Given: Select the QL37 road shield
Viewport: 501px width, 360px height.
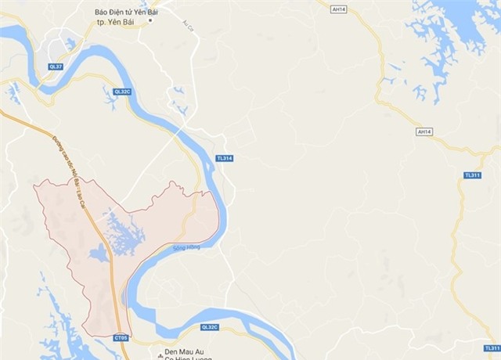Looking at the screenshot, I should coord(56,65).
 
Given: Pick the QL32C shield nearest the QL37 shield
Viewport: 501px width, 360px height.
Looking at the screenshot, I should coord(121,92).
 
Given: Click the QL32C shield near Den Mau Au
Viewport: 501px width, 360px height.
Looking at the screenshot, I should coord(209,327).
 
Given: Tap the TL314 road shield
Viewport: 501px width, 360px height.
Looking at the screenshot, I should coord(225,158).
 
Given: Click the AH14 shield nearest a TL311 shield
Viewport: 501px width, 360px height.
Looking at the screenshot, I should coord(424,132).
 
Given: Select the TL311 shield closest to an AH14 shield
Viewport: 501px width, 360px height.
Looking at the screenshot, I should coord(472,175).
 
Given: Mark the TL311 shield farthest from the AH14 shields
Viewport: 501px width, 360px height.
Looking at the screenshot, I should coord(491,347).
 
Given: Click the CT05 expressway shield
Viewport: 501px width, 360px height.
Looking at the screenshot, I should coord(120,338).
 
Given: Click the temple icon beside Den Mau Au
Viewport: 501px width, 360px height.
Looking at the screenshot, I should coord(160,354).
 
